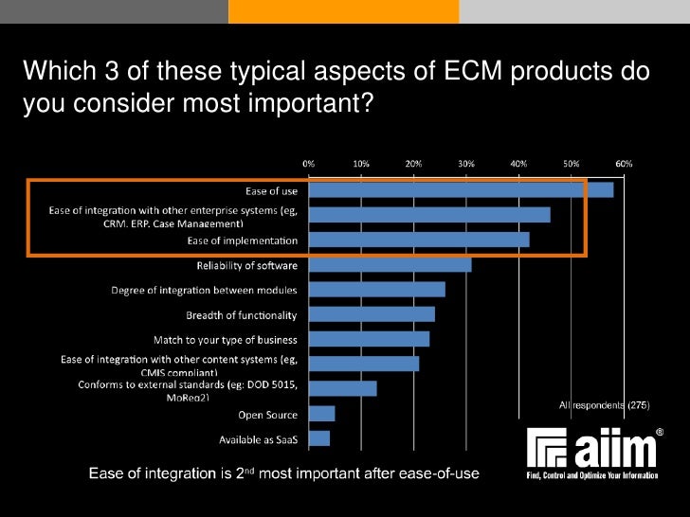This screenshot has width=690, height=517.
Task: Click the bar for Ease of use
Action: pyautogui.click(x=461, y=189)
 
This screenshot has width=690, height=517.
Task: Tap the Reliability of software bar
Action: pyautogui.click(x=390, y=264)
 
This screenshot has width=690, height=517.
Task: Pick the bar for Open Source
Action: pyautogui.click(x=321, y=414)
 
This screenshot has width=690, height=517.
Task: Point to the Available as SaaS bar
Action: pyautogui.click(x=319, y=438)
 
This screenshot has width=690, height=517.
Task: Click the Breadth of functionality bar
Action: pyautogui.click(x=372, y=314)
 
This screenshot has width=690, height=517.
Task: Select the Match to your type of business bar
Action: pyautogui.click(x=369, y=339)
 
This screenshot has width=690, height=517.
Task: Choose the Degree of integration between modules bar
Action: pyautogui.click(x=376, y=289)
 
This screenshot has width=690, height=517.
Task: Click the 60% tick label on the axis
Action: pyautogui.click(x=624, y=163)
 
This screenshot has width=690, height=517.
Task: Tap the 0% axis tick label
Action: pyautogui.click(x=309, y=163)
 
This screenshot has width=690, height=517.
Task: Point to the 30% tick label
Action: pyautogui.click(x=466, y=163)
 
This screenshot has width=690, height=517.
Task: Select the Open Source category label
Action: pyautogui.click(x=267, y=415)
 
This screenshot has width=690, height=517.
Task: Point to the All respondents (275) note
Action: pyautogui.click(x=603, y=404)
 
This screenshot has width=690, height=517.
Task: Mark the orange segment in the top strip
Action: pyautogui.click(x=343, y=11)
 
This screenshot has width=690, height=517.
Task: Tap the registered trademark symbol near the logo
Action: pyautogui.click(x=660, y=432)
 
